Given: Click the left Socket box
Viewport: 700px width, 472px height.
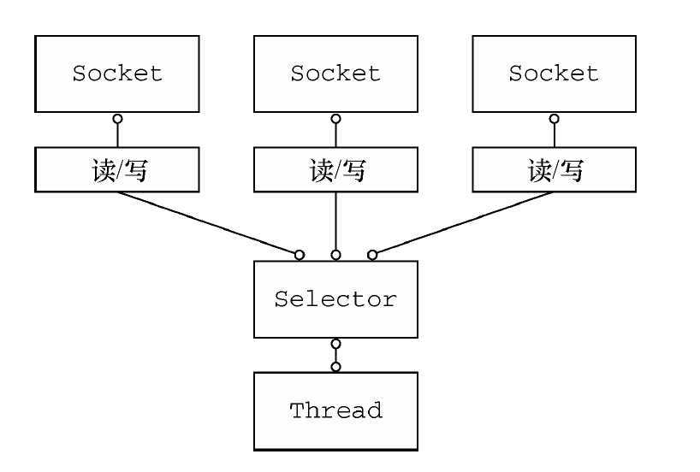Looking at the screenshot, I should [x=116, y=74].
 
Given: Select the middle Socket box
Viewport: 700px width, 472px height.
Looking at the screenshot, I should [x=335, y=74].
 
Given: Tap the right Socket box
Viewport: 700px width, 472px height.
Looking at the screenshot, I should [x=554, y=74].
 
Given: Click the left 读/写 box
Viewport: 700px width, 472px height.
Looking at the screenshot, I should [x=116, y=171].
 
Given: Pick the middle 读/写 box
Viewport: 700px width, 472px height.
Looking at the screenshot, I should [x=335, y=171].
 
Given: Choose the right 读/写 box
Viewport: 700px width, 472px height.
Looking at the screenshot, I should [x=554, y=171].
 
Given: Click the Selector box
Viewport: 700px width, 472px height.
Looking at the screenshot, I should [x=335, y=299].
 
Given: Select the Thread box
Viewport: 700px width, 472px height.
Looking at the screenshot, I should [x=335, y=410].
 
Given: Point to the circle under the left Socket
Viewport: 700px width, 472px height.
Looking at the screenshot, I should [x=117, y=117].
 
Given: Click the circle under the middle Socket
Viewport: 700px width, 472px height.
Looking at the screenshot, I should [x=335, y=117].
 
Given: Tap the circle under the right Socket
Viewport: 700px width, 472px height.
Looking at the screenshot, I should [x=555, y=117].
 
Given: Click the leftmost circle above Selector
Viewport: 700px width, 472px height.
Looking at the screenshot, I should [x=300, y=255].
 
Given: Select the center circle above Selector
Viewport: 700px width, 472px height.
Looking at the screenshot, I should [x=335, y=255].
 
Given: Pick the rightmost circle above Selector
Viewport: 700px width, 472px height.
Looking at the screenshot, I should [x=372, y=255].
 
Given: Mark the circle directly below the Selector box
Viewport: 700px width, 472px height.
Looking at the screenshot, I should [x=335, y=344].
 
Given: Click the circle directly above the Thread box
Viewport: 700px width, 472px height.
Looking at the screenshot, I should [x=335, y=366].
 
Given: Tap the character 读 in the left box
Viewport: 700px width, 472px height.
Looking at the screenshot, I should [x=102, y=171].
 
